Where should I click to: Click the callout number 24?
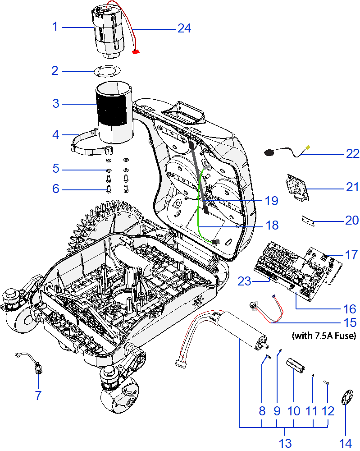coord(184,28)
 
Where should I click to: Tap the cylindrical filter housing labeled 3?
coord(114,110)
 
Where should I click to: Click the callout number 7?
coord(38,396)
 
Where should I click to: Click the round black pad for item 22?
coord(269,153)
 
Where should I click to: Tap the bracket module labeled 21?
coord(296,187)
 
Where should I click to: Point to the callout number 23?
coord(244,281)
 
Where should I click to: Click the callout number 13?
coord(285,443)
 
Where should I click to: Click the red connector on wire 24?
coord(135,52)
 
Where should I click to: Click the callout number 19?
coord(272,201)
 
